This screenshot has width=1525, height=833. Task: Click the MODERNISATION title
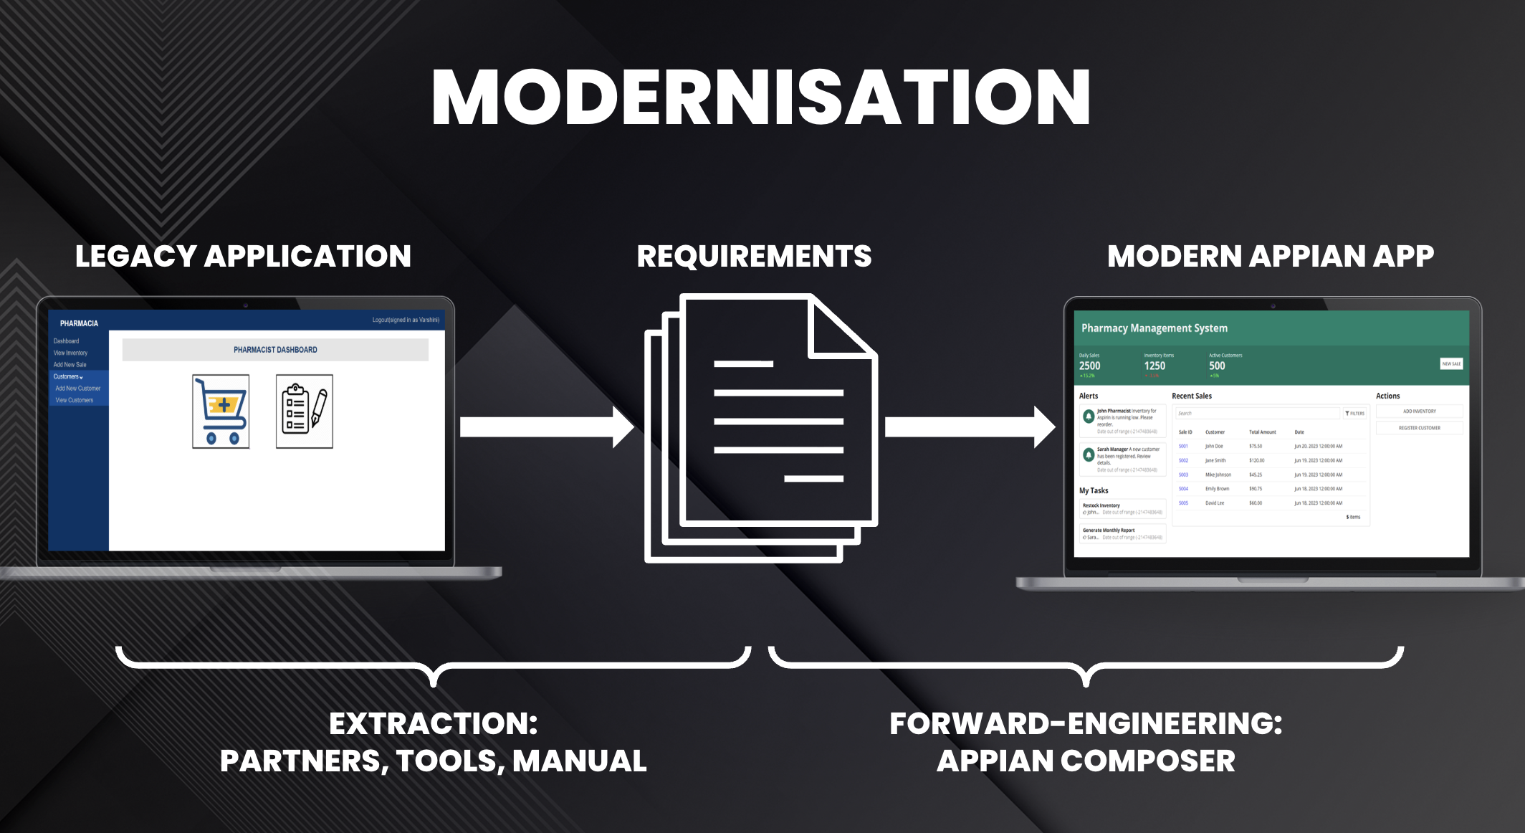pos(761,98)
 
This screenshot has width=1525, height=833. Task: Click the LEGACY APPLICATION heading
pos(243,256)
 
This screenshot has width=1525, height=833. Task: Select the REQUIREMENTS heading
pos(754,256)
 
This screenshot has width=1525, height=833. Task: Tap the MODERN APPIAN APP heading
pos(1270,256)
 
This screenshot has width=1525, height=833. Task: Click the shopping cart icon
pos(221,411)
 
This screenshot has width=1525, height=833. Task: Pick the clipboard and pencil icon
pos(305,411)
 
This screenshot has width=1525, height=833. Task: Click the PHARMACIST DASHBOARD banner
pos(275,350)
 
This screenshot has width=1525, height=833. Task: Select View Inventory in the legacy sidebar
pos(70,353)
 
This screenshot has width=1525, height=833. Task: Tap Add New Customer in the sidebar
pos(78,389)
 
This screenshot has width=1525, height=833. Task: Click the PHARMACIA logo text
pos(79,323)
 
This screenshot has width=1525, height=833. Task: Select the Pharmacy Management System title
pos(1154,328)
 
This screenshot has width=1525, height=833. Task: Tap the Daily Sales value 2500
pos(1089,366)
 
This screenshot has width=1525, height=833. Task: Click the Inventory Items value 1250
pos(1154,366)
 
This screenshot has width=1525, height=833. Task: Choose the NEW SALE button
pos(1451,363)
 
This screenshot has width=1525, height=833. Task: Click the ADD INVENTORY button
pos(1419,411)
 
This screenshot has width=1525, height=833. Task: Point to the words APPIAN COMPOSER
pos(1086,761)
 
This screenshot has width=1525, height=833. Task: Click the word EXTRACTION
pos(432,723)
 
